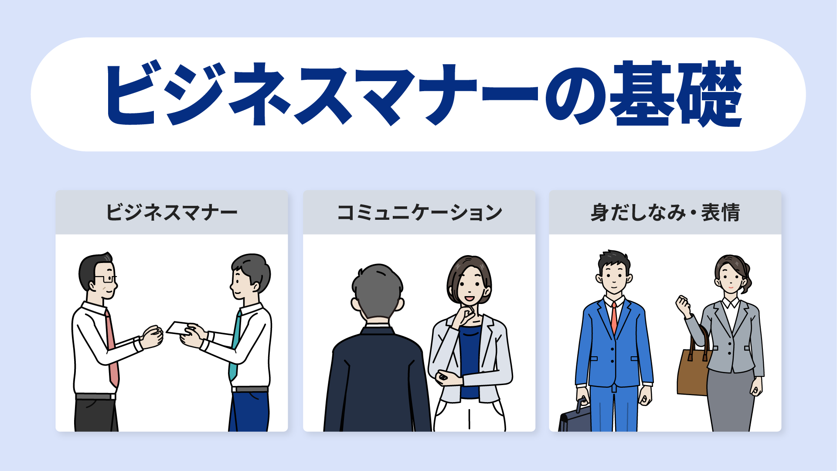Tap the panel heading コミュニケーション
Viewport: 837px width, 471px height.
click(x=419, y=213)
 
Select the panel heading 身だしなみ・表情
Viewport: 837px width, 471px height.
click(x=665, y=213)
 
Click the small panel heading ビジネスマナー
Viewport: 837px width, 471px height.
click(x=172, y=213)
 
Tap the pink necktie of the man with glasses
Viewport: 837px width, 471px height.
click(x=112, y=349)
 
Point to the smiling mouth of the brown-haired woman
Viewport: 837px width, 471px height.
click(x=470, y=299)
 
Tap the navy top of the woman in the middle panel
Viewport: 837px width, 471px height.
click(x=470, y=362)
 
